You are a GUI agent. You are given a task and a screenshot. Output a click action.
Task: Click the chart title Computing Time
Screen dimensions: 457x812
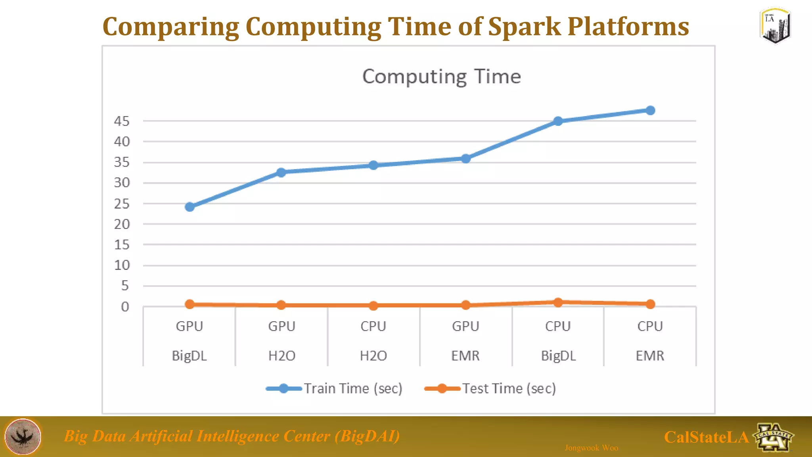coord(441,76)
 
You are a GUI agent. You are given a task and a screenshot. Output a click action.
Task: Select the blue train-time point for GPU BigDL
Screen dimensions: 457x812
coord(190,207)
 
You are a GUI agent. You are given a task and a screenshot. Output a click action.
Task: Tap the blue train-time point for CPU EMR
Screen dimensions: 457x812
coord(650,110)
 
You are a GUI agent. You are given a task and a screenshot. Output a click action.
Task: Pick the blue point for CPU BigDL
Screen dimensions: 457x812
coord(558,121)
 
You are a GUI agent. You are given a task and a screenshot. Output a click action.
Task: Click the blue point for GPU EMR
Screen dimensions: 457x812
coord(466,159)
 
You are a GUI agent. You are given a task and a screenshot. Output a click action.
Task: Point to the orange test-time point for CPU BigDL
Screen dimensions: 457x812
coord(558,302)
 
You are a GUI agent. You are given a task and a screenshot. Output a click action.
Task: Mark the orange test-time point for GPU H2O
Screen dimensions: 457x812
coord(281,305)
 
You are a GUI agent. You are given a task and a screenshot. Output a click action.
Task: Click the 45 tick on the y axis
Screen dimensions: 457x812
coord(122,121)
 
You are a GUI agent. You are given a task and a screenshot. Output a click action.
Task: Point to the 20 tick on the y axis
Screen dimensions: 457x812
coord(122,224)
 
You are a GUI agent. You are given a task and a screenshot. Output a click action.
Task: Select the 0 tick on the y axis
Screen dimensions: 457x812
coord(125,307)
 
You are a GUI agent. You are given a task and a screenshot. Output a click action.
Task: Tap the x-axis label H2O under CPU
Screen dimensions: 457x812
coord(373,355)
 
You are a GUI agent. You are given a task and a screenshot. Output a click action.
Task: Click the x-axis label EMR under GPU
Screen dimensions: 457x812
coord(465,355)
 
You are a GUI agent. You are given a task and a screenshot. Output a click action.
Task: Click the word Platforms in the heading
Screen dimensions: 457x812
coord(628,27)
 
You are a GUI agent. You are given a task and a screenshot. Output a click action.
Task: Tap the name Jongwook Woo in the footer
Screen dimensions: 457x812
coord(591,448)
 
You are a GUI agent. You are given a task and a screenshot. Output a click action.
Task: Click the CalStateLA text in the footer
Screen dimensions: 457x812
coord(706,437)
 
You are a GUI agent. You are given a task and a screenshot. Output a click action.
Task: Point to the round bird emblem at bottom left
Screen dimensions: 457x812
coord(23,436)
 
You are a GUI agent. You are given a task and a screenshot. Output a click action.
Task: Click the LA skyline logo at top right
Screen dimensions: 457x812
coord(776,25)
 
